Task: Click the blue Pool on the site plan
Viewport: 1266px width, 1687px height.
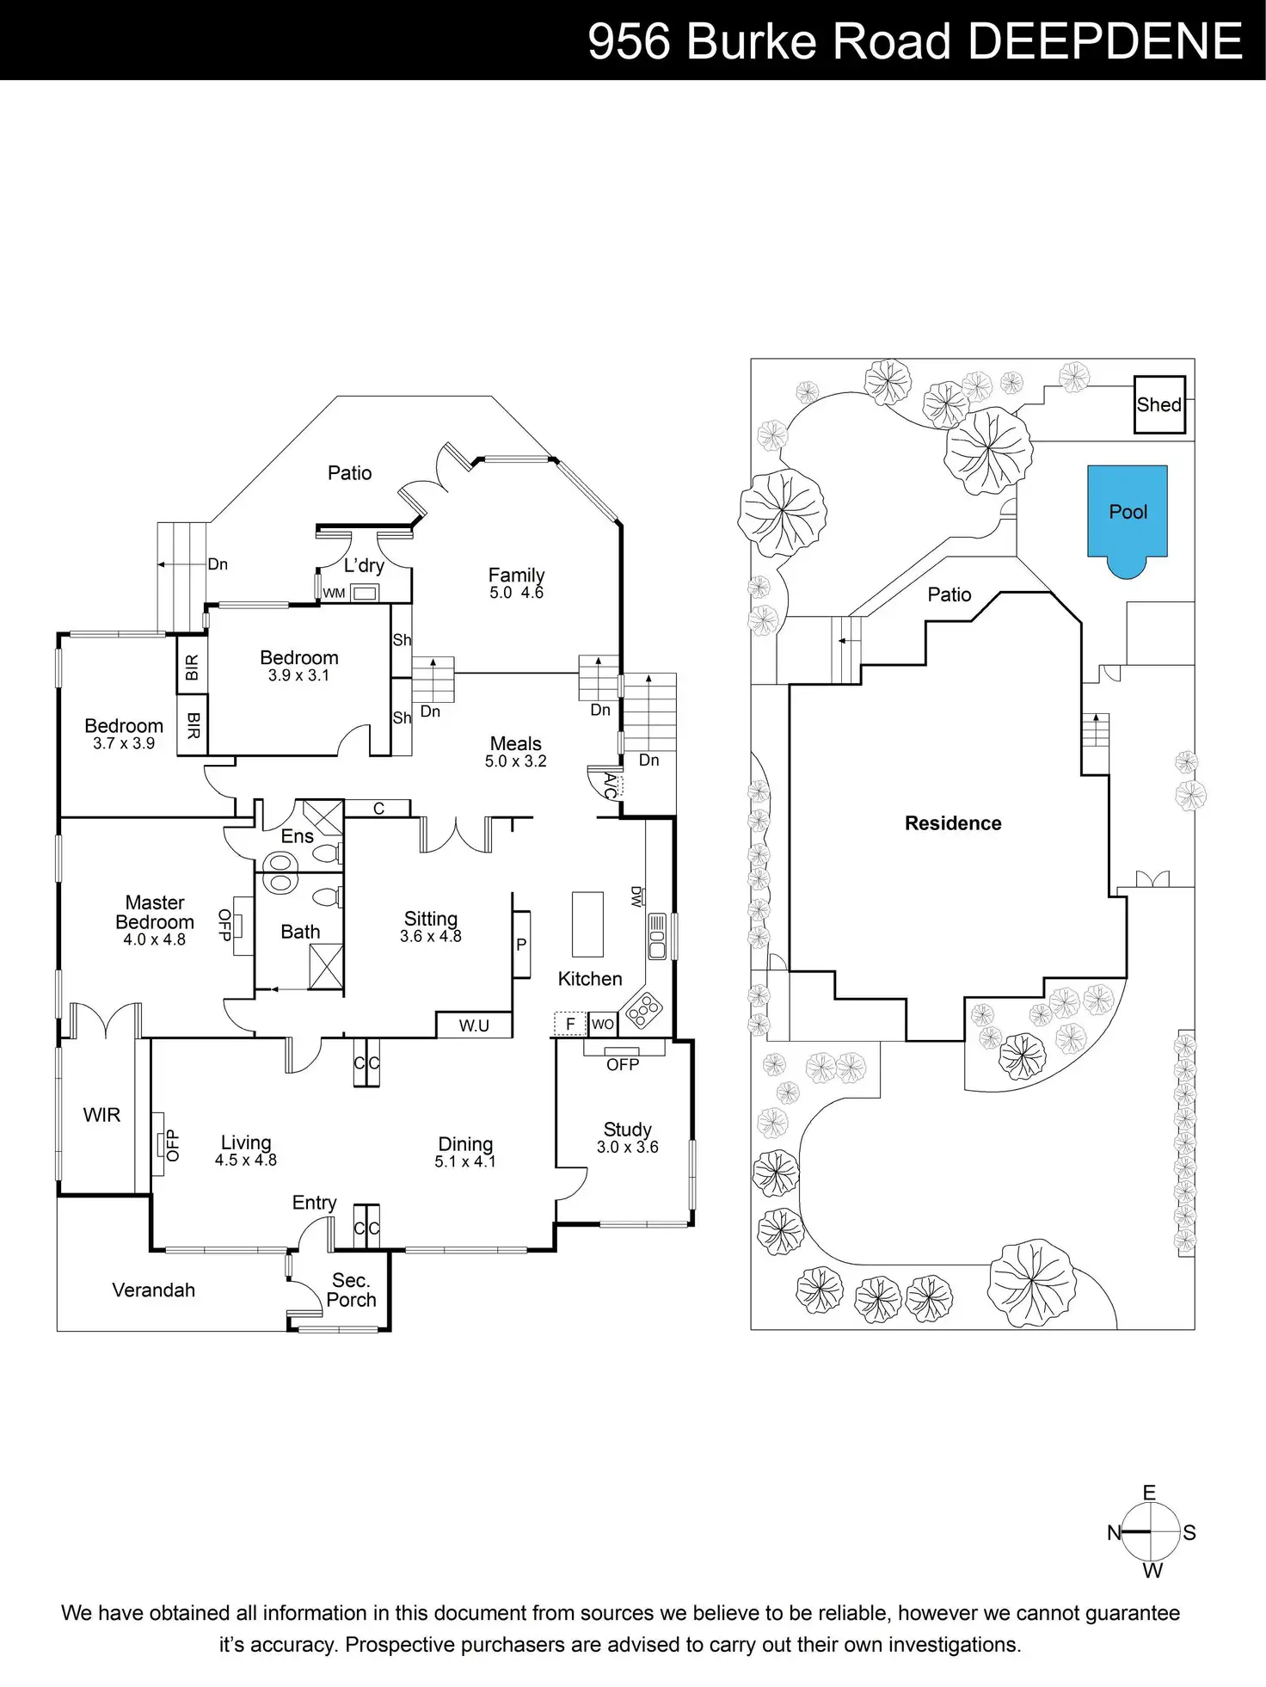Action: [x=1127, y=514]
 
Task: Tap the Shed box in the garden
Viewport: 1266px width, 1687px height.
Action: [x=1158, y=404]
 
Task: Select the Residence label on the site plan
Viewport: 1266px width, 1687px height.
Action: [x=953, y=823]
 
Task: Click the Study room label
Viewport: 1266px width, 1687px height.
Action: [x=627, y=1130]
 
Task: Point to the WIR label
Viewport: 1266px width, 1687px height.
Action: [x=101, y=1115]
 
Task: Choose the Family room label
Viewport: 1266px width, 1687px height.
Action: [x=516, y=575]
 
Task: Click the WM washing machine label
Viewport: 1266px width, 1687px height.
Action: [x=334, y=593]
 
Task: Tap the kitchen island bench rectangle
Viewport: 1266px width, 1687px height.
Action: [x=587, y=924]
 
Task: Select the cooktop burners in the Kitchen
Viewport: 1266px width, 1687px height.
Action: [x=644, y=1010]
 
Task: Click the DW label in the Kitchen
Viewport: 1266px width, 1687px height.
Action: [x=636, y=896]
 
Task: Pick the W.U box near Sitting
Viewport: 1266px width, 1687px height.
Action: [x=474, y=1025]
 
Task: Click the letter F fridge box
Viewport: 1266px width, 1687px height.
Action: [x=569, y=1024]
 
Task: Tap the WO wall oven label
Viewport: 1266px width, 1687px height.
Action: [x=603, y=1024]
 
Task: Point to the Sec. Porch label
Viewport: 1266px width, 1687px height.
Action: [x=351, y=1290]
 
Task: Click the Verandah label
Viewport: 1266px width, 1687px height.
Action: [x=153, y=1290]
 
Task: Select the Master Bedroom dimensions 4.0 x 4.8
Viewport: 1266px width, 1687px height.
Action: [x=155, y=940]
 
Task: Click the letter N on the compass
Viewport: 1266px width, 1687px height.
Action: [x=1114, y=1532]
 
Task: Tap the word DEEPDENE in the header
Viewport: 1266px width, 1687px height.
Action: [x=1105, y=40]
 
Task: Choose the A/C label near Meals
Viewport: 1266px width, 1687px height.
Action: [x=610, y=785]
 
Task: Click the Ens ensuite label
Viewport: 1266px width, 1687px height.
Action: [x=297, y=836]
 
